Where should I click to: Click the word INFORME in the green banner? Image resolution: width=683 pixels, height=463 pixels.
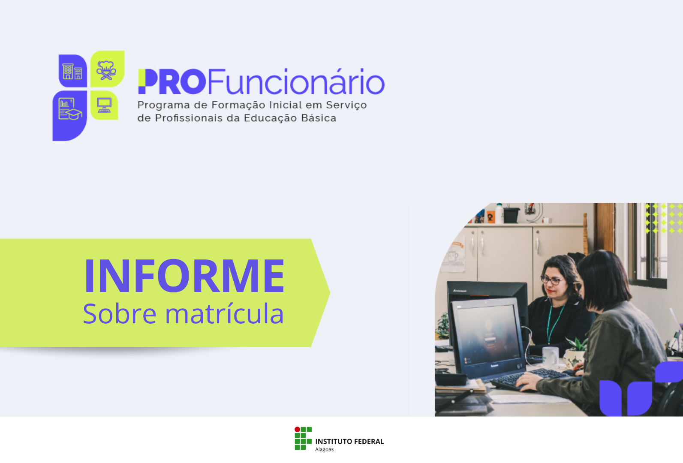tap(184, 276)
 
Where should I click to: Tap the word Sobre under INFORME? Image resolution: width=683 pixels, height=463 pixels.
tap(120, 314)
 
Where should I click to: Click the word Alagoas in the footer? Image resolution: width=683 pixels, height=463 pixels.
tap(324, 450)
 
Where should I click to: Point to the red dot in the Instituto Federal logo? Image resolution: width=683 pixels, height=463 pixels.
tap(297, 430)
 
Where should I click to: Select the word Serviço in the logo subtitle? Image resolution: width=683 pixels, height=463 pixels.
tap(346, 105)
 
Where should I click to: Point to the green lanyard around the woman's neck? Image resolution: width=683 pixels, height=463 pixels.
tap(554, 322)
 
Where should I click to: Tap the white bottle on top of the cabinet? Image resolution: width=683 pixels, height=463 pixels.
tap(499, 213)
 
